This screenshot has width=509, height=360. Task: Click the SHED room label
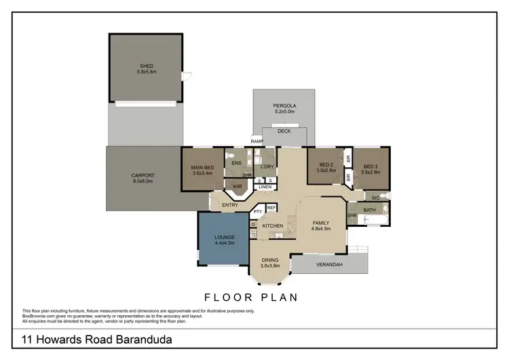tap(147, 67)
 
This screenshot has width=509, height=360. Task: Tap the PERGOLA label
tap(284, 106)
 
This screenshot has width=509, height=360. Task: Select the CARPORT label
tap(143, 175)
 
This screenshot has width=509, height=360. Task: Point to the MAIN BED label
tap(202, 168)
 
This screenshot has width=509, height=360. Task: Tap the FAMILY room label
tap(321, 223)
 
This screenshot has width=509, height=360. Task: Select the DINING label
tap(270, 259)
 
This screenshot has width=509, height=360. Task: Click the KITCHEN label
tap(272, 226)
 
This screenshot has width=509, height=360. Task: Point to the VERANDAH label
tap(329, 264)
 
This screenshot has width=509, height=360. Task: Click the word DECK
tap(284, 131)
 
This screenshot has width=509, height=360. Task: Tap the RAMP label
tap(257, 141)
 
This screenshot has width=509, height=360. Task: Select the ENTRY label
tap(229, 205)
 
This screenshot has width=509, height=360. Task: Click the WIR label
tap(237, 185)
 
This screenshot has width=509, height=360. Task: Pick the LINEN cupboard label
tap(265, 187)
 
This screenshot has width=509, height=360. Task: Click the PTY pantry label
tap(258, 211)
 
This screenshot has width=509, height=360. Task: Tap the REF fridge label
tap(271, 208)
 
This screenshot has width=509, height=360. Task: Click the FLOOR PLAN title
tap(251, 297)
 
